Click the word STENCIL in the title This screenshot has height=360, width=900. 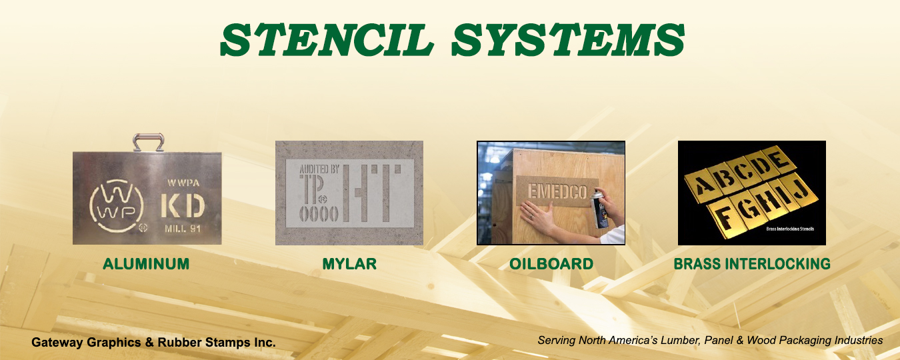[x=327, y=40]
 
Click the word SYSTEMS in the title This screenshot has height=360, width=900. [x=568, y=40]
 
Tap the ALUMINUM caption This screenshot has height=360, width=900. [x=146, y=264]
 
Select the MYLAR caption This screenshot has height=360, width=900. [x=349, y=264]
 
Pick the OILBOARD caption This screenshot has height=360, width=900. [x=551, y=264]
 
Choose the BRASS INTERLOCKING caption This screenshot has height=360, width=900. [x=752, y=264]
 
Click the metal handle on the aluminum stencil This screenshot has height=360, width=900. [x=148, y=142]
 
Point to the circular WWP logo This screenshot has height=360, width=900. [x=117, y=206]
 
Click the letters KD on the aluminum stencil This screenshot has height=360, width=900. [x=183, y=206]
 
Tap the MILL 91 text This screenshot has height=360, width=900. [x=183, y=229]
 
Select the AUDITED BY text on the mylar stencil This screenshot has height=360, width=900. [x=319, y=169]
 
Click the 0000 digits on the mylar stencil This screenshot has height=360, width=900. [x=319, y=214]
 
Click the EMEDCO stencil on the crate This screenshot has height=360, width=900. [x=557, y=191]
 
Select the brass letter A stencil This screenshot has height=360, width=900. [x=702, y=185]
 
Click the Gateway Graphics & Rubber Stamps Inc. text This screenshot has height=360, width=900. [x=153, y=342]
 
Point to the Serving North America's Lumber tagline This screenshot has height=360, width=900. [x=711, y=340]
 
